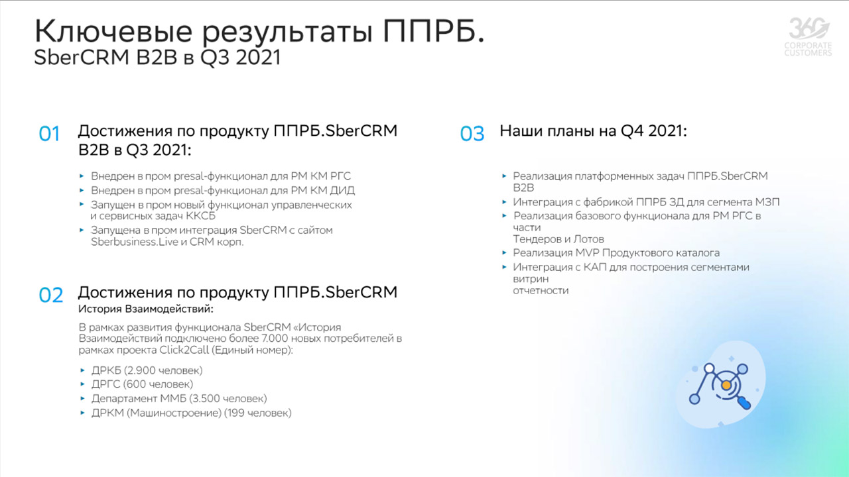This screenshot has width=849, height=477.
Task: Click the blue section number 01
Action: click(49, 134)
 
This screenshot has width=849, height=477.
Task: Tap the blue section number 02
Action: click(51, 295)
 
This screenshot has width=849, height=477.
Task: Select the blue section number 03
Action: click(472, 134)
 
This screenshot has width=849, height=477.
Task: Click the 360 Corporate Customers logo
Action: click(808, 37)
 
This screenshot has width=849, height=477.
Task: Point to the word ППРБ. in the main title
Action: click(434, 31)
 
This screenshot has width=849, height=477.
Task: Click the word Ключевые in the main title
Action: click(113, 31)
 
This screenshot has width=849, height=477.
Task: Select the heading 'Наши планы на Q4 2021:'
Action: click(593, 131)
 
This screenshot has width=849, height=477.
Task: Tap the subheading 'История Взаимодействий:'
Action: click(146, 309)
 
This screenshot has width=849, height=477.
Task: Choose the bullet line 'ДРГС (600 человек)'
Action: click(142, 384)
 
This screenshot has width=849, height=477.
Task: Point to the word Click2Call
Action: click(184, 350)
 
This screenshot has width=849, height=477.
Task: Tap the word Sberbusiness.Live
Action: click(135, 242)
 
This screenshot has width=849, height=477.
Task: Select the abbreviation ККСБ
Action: click(200, 216)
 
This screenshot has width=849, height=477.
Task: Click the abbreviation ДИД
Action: click(342, 190)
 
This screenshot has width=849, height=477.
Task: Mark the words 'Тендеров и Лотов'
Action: click(558, 239)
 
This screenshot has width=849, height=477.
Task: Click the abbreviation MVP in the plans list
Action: click(587, 252)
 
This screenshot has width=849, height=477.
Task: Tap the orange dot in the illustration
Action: click(726, 386)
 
